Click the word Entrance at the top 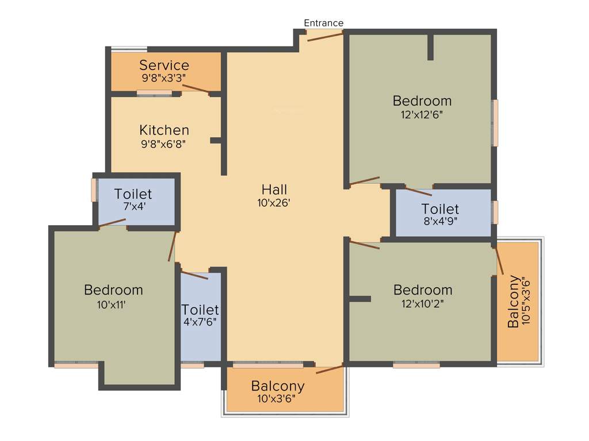pos(323,23)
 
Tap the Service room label pos(164,65)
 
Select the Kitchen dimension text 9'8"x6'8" pos(164,145)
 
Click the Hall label pos(274,189)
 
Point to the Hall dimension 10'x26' pos(274,203)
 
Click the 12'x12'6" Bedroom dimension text pos(422,114)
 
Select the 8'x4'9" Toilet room pos(440,214)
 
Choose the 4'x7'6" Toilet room pos(201,316)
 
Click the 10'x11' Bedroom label pos(113,290)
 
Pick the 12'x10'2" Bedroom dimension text pos(423,304)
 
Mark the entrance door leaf pos(324,37)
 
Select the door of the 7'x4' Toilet pos(113,223)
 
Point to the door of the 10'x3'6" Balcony pos(330,369)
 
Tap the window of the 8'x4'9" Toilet pos(495,212)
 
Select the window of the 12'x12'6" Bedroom pos(495,123)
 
